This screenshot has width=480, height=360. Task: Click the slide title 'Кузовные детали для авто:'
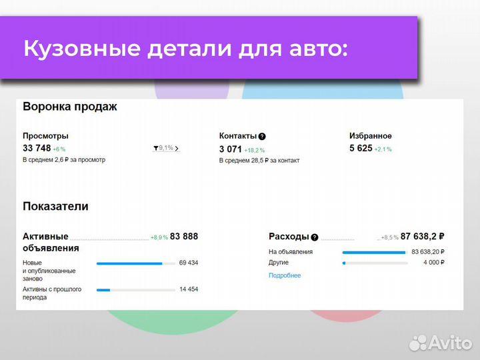pos(185,49)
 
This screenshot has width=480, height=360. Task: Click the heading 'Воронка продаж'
pos(69,107)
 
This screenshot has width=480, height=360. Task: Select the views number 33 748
pos(37,148)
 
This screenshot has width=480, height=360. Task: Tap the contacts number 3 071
pos(230,149)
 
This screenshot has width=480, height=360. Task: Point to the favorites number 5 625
pos(361,148)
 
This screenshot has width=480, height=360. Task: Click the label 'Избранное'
pos(370,135)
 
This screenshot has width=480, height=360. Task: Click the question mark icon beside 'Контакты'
pos(262,136)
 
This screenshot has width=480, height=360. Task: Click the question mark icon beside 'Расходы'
pos(315,237)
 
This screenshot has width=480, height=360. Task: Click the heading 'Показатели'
pos(55,207)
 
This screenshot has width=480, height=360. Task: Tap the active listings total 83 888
pos(184,236)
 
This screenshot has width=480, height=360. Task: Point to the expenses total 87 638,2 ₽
pos(423,236)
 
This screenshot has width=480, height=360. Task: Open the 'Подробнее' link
pos(285,275)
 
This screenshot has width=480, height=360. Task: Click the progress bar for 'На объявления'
pos(374,252)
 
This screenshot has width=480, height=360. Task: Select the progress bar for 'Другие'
pos(374,263)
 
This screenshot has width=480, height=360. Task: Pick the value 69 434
pos(188,263)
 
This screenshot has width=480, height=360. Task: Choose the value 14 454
pos(188,289)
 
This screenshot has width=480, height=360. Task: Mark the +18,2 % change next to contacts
pos(255,150)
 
